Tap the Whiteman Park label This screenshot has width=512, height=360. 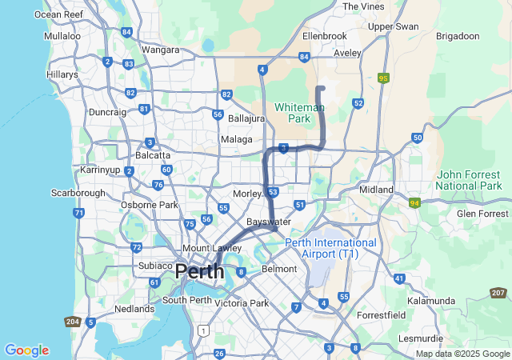pos(299,113)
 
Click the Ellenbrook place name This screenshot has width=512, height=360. pos(325,37)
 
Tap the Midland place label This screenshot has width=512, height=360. pos(377,190)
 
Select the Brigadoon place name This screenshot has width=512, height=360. pos(458,37)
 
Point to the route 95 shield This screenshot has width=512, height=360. pos(384,78)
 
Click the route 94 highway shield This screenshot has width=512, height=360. pos(414,204)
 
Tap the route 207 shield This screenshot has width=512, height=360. pos(498,294)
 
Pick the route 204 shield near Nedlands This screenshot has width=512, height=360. pos(73,321)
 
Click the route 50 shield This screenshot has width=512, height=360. pos(418,138)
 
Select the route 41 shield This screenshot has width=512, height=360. pos(398,278)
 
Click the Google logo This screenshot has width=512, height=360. pos(26,350)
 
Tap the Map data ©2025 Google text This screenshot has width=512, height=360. pos(462,354)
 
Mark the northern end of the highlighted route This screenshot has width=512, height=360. pos(320,87)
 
